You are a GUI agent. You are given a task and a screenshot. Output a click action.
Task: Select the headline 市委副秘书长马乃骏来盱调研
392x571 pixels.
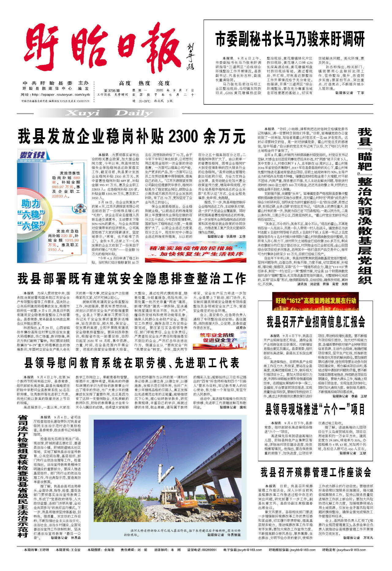(x=290, y=39)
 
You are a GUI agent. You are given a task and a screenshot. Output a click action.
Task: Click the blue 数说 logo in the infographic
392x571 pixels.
(x=32, y=155)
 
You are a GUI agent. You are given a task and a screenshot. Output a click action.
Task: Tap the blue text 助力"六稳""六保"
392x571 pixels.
(x=31, y=214)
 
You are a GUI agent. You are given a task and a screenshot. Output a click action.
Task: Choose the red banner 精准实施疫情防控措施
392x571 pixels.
(x=195, y=251)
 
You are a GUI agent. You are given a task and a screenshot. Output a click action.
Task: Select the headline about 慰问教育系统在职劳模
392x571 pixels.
(x=132, y=363)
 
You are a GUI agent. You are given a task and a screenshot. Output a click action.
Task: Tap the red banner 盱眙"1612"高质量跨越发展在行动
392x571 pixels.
(x=315, y=301)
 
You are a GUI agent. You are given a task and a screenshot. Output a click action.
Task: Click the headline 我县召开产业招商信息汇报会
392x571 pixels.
(x=316, y=322)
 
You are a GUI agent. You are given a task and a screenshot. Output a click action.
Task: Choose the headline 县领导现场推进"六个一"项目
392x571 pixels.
(x=315, y=409)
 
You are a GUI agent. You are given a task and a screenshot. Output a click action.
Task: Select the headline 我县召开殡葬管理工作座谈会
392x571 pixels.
(x=316, y=472)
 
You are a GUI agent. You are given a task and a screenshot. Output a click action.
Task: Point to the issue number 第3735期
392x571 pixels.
(x=112, y=91)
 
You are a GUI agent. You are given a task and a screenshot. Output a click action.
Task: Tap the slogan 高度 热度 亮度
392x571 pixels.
(x=144, y=83)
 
